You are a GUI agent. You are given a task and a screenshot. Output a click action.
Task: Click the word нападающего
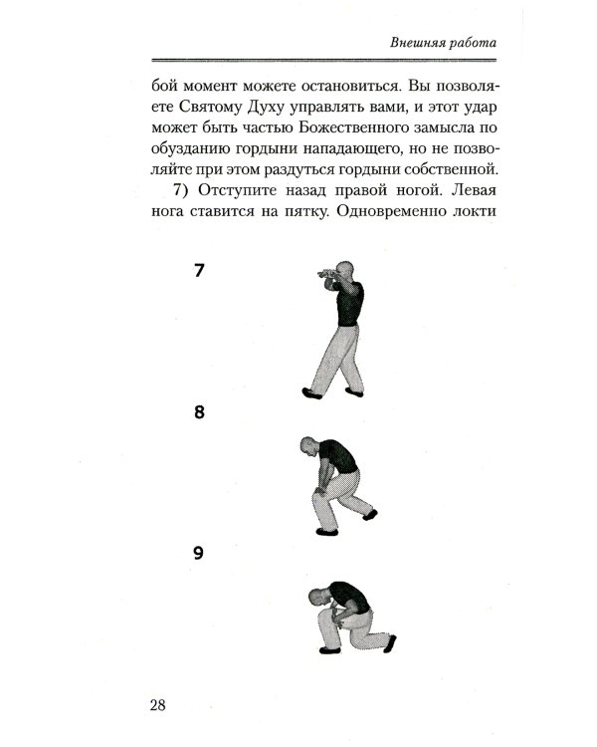point(356,152)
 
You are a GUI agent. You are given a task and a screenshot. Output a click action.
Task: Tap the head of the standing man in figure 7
point(342,270)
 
